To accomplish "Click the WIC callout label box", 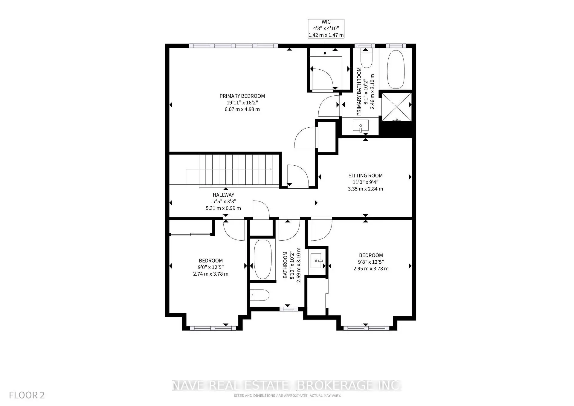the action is tap(326, 29).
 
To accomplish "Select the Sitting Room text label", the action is tap(365, 175).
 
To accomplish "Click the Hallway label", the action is tap(223, 195).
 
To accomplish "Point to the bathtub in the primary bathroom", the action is tap(396, 69).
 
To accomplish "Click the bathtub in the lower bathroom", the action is tap(262, 259).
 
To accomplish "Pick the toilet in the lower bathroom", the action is tap(259, 295).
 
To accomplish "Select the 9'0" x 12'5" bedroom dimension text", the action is tap(211, 267).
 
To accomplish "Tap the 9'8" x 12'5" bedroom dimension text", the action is tap(371, 262).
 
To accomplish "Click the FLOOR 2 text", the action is tap(27, 395).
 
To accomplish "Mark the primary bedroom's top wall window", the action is tap(233, 46).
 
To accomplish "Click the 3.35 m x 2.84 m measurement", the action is tap(365, 189).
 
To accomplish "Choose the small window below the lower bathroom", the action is tap(289, 309).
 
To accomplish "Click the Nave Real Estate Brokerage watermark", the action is tap(287, 385).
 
